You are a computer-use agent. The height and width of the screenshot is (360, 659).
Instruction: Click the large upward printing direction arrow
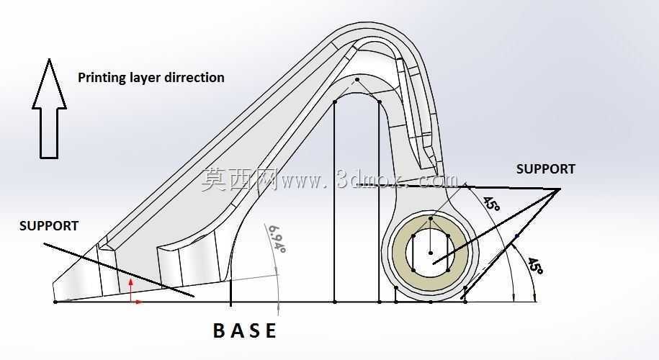click(49, 109)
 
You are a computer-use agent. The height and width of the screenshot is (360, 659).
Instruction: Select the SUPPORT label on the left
click(49, 226)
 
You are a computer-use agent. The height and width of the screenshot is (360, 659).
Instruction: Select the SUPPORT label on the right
click(545, 169)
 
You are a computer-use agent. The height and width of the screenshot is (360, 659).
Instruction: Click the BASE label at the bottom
click(245, 330)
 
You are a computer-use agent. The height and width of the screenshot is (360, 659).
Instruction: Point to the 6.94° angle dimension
click(277, 238)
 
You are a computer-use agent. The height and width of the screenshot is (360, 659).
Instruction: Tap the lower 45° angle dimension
click(534, 266)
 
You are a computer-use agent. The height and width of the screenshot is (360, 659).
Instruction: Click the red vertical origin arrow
click(130, 290)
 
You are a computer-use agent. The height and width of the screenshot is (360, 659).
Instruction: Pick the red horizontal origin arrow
click(137, 302)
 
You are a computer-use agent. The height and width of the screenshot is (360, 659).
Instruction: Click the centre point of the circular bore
click(431, 253)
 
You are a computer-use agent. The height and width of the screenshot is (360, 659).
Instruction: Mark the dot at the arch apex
click(357, 79)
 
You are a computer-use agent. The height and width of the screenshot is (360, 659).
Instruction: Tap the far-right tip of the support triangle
click(560, 189)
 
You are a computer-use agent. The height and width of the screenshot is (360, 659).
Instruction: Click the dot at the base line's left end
click(55, 302)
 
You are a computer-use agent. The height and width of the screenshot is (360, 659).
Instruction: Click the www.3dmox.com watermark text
click(370, 180)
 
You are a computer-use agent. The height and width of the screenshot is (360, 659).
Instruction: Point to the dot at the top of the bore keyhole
click(431, 218)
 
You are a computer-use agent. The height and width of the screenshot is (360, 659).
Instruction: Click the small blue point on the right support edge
click(516, 236)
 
